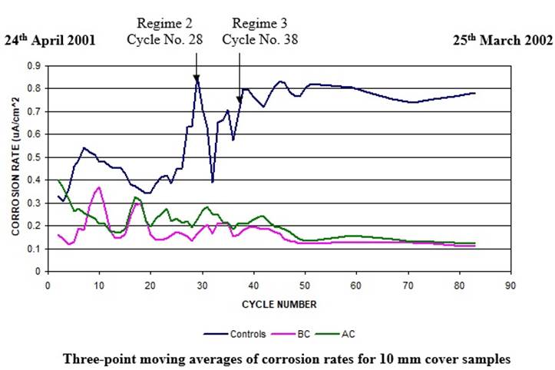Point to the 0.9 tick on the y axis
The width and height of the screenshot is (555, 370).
pyautogui.click(x=34, y=66)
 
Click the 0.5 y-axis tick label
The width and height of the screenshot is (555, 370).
pyautogui.click(x=34, y=157)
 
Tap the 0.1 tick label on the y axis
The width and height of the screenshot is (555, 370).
pyautogui.click(x=34, y=249)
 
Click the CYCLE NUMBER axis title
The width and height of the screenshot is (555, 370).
pyautogui.click(x=278, y=304)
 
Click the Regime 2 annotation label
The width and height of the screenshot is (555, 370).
pyautogui.click(x=169, y=23)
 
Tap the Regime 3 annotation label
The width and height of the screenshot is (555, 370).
pyautogui.click(x=260, y=23)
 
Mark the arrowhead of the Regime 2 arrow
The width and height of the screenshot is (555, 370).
pyautogui.click(x=197, y=79)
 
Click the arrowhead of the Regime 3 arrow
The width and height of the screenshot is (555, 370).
pyautogui.click(x=239, y=98)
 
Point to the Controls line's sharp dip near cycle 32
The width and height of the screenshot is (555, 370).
pyautogui.click(x=212, y=181)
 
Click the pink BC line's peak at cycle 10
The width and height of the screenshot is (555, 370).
pyautogui.click(x=99, y=187)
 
